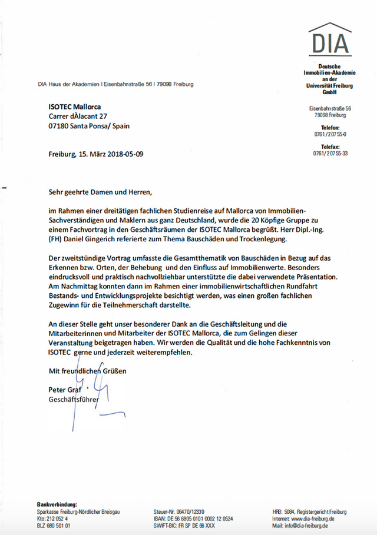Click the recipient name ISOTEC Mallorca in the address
click(74, 107)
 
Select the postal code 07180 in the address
click(59, 127)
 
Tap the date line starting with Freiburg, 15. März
click(95, 154)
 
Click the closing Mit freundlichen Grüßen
click(87, 371)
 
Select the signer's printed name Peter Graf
click(66, 390)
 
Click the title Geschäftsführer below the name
click(73, 400)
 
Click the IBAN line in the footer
click(193, 519)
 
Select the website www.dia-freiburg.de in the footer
click(312, 519)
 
